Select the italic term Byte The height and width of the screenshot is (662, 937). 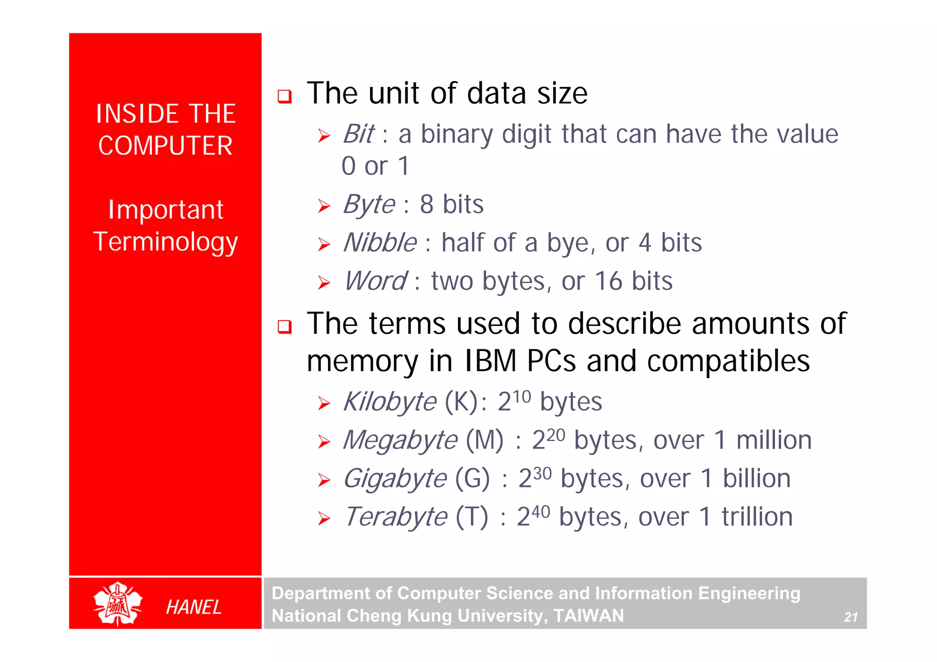(x=369, y=204)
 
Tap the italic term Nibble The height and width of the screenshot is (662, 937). (x=380, y=243)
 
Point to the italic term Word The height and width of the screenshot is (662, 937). (x=375, y=281)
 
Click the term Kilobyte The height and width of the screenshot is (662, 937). (x=390, y=402)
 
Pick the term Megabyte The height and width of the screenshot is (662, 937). (x=400, y=441)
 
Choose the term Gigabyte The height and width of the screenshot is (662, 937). (x=394, y=479)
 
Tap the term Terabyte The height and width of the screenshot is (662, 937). (x=395, y=518)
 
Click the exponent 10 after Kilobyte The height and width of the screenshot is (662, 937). (x=522, y=396)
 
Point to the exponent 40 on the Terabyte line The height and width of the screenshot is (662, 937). (x=540, y=511)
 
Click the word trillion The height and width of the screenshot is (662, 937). (x=757, y=518)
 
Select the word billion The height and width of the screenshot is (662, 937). (x=756, y=479)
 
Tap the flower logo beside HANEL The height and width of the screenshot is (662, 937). (x=118, y=604)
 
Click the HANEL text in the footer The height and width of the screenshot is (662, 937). (x=194, y=608)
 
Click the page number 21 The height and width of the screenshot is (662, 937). (x=851, y=617)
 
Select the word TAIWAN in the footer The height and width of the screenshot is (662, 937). (x=588, y=616)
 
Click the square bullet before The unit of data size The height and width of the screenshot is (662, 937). (x=285, y=96)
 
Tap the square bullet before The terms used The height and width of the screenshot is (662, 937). (x=285, y=326)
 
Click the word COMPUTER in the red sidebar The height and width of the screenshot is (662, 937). (x=165, y=146)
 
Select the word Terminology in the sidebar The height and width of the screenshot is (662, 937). (x=165, y=242)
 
